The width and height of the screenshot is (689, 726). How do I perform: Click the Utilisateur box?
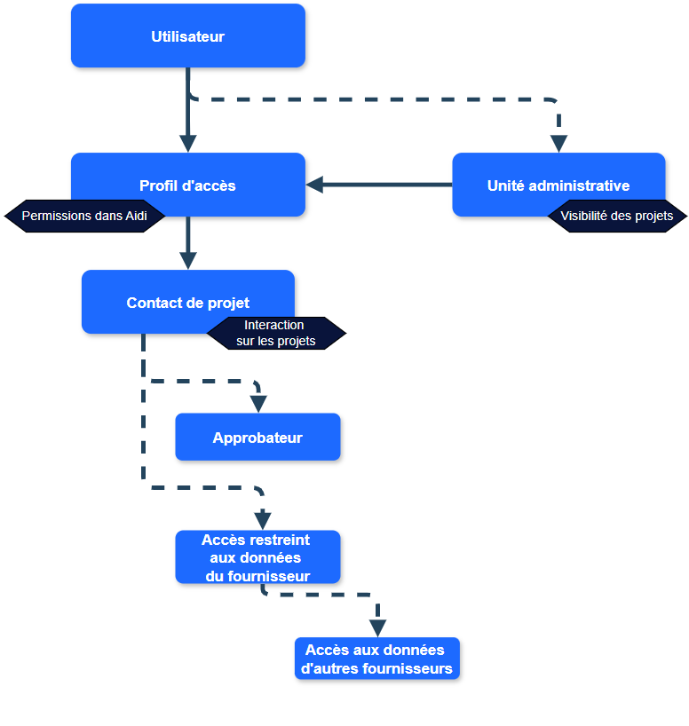[x=187, y=36]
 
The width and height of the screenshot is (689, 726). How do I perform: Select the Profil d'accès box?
[x=187, y=185]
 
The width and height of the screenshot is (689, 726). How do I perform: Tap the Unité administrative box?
[x=558, y=185]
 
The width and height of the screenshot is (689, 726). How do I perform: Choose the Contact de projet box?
[x=187, y=302]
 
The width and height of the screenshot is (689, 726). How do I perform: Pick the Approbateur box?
[x=257, y=437]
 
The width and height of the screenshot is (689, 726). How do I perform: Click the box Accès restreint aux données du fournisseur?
[x=257, y=557]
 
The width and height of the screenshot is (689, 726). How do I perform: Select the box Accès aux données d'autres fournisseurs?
[x=377, y=659]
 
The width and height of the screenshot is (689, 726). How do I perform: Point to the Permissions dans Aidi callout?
[x=84, y=216]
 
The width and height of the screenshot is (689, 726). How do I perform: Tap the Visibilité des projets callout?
[x=617, y=216]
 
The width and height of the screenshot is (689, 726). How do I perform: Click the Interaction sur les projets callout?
[x=276, y=333]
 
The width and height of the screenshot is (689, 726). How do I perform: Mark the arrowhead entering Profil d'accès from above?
[x=187, y=144]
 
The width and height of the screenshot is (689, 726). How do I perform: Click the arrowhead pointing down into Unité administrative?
[x=558, y=144]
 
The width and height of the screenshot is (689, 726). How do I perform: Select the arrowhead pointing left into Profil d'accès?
[x=314, y=185]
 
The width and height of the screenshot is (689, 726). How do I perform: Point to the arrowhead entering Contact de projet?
[x=187, y=261]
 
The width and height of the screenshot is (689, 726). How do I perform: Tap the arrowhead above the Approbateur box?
[x=258, y=404]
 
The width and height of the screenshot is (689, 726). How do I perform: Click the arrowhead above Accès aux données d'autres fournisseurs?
[x=377, y=628]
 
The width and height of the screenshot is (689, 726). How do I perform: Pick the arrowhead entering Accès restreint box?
[x=263, y=519]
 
